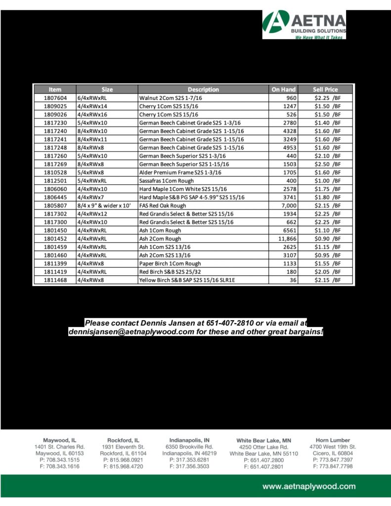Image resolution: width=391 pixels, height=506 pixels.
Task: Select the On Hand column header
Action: (283, 89)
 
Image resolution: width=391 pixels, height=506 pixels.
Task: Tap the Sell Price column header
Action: (325, 89)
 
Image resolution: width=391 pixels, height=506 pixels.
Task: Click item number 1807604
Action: (55, 98)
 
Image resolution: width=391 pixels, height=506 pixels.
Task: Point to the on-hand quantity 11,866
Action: (284, 239)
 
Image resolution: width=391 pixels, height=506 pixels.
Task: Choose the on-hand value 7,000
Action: (286, 206)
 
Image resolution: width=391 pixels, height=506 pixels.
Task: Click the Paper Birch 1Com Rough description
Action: (170, 264)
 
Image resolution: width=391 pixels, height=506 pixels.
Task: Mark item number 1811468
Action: (55, 280)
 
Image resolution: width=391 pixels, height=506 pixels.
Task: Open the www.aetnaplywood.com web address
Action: (308, 486)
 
